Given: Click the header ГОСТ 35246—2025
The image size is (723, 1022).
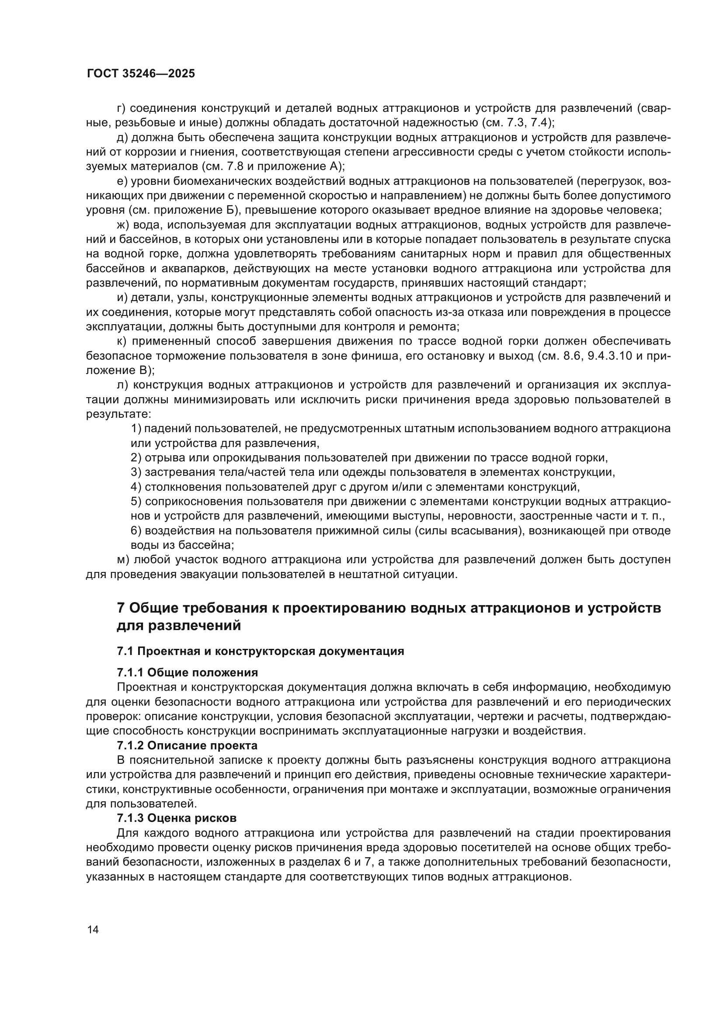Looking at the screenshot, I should click(x=141, y=73).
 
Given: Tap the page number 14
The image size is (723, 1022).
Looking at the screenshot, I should click(x=93, y=929).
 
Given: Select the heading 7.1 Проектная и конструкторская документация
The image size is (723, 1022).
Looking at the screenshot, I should click(x=260, y=651).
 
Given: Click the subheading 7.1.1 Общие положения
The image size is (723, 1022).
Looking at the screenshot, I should click(x=187, y=672).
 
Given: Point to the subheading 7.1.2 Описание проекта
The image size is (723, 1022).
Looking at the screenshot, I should click(x=187, y=745).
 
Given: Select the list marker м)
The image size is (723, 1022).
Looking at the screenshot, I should click(x=123, y=560).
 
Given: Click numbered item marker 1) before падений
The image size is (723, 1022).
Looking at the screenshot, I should click(x=136, y=429).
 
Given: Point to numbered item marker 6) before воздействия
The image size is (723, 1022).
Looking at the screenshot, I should click(x=136, y=530).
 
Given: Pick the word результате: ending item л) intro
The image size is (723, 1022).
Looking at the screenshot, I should click(x=118, y=414).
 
